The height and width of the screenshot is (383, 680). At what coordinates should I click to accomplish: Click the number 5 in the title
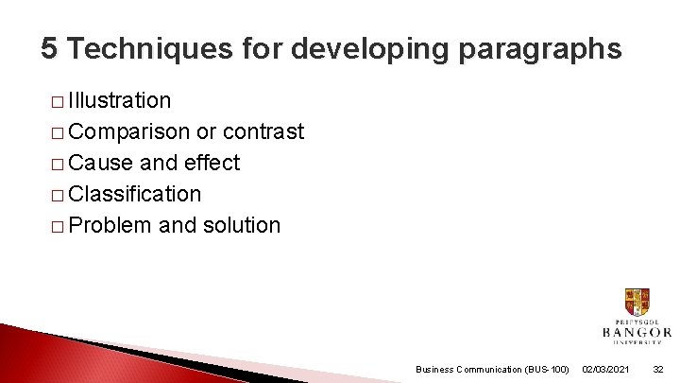50,49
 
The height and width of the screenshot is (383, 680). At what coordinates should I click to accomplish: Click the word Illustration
120,100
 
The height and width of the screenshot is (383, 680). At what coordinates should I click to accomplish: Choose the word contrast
263,131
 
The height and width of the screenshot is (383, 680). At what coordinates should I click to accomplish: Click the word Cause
101,163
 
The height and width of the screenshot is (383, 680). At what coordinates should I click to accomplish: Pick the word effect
212,163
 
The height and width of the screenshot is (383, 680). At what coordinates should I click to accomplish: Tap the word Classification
135,194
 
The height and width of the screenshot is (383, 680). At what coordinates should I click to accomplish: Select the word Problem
110,225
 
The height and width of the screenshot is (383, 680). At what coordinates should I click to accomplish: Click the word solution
241,225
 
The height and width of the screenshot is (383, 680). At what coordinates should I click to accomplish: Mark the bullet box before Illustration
59,101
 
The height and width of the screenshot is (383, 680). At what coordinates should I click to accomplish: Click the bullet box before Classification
59,195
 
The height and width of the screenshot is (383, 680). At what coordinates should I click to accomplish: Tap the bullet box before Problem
59,226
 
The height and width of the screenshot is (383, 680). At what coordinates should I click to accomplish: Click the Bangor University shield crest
637,303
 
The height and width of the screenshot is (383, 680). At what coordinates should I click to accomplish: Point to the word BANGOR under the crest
636,332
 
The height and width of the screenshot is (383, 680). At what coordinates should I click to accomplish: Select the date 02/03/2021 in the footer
607,369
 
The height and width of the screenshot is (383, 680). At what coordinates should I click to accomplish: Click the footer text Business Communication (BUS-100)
492,369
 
